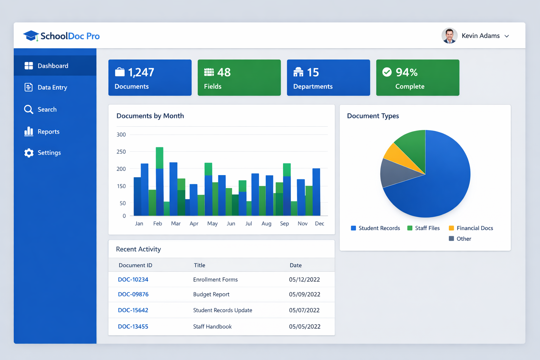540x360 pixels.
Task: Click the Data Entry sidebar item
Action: [52, 88]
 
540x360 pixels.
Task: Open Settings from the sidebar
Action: [49, 153]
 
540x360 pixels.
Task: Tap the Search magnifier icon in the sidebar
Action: [28, 109]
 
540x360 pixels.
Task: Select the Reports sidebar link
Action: [48, 131]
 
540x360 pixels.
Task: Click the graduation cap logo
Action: [31, 36]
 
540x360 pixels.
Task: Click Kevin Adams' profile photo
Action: [449, 36]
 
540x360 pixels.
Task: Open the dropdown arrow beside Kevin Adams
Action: [507, 36]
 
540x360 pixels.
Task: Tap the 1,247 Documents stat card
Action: [150, 78]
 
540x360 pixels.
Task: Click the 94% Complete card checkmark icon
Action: [387, 72]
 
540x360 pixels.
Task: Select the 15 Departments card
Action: [328, 78]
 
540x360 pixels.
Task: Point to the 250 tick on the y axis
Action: [121, 152]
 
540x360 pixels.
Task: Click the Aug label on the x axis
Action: [266, 224]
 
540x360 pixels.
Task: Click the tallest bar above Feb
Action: [159, 176]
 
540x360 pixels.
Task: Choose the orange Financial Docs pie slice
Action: [396, 155]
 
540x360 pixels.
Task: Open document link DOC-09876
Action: [133, 294]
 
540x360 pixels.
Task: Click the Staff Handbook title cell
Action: [212, 327]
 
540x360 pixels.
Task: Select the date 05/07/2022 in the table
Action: [304, 310]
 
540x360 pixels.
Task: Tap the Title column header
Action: [199, 265]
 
